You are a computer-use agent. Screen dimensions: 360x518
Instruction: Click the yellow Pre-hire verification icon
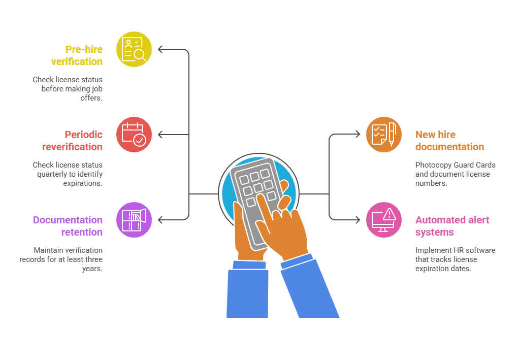134,49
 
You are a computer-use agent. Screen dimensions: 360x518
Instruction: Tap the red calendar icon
134,135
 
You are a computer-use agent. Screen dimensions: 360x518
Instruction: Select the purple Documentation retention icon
134,220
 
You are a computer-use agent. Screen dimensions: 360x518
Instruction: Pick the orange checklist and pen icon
384,135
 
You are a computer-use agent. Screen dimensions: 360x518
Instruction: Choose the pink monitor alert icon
384,220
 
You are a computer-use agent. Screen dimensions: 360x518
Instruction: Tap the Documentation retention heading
68,226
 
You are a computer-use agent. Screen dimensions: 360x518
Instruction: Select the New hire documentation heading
449,141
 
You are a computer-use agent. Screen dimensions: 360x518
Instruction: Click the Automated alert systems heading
452,226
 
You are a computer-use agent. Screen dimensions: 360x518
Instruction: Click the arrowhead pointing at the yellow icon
161,49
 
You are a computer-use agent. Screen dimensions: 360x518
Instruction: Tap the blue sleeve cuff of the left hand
249,265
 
